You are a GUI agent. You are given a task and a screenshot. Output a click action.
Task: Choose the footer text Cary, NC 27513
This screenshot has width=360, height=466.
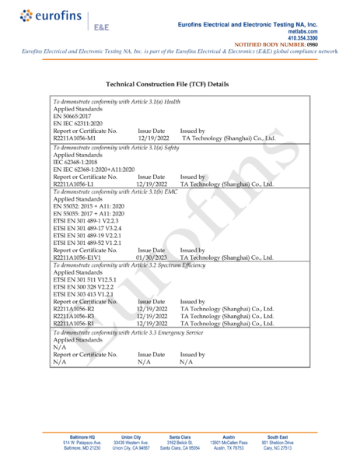[277, 448]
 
